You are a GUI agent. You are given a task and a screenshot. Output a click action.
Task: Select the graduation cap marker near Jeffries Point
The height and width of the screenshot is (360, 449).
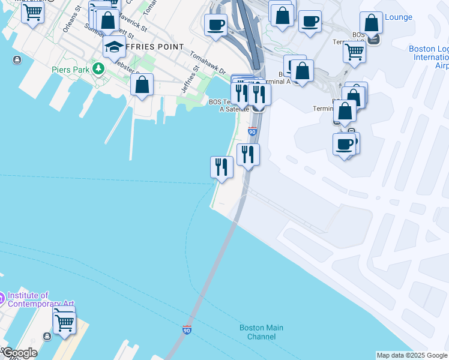tap(114, 47)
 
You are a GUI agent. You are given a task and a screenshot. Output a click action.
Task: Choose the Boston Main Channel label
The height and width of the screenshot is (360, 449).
tap(261, 332)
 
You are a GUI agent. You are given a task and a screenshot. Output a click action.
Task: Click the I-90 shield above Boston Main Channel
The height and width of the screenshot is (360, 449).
tap(187, 329)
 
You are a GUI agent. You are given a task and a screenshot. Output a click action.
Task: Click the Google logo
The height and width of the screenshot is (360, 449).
tap(20, 353)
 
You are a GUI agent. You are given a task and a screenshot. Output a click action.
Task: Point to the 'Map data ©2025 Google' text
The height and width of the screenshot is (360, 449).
tap(412, 355)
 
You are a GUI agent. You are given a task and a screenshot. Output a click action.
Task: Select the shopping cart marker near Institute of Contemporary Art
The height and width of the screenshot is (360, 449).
tap(64, 322)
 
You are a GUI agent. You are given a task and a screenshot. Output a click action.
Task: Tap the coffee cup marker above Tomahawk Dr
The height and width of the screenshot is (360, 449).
tap(215, 25)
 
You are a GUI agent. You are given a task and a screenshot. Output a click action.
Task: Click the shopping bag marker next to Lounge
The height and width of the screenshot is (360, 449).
tap(372, 23)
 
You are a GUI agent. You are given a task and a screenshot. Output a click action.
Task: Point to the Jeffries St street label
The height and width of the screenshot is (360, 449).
tap(190, 82)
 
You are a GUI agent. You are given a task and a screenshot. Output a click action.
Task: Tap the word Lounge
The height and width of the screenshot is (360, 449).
tap(399, 17)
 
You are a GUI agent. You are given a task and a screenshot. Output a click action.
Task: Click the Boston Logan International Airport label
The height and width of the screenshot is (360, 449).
tap(428, 57)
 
